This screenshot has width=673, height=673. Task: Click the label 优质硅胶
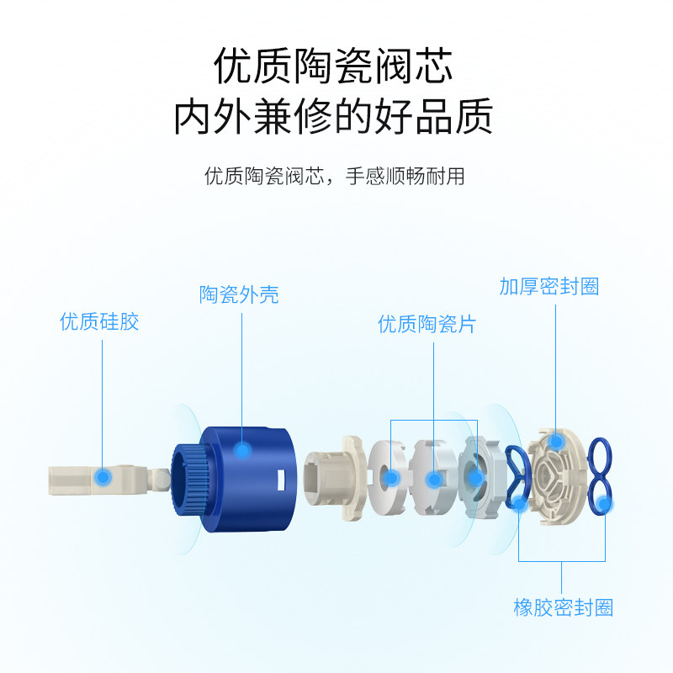tap(99, 321)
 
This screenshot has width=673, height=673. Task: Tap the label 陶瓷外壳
tap(239, 294)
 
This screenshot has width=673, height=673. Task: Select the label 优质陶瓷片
tap(427, 324)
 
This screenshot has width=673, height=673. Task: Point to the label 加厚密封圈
tap(548, 286)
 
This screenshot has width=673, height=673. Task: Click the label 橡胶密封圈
tap(563, 607)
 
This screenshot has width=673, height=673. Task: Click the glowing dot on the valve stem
tap(103, 478)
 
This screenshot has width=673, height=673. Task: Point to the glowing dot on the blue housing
tap(242, 452)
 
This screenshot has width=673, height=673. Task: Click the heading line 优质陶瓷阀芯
tap(334, 66)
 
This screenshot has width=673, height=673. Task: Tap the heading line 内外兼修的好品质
tap(334, 118)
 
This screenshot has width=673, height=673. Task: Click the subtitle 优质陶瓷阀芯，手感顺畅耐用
tap(334, 177)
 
